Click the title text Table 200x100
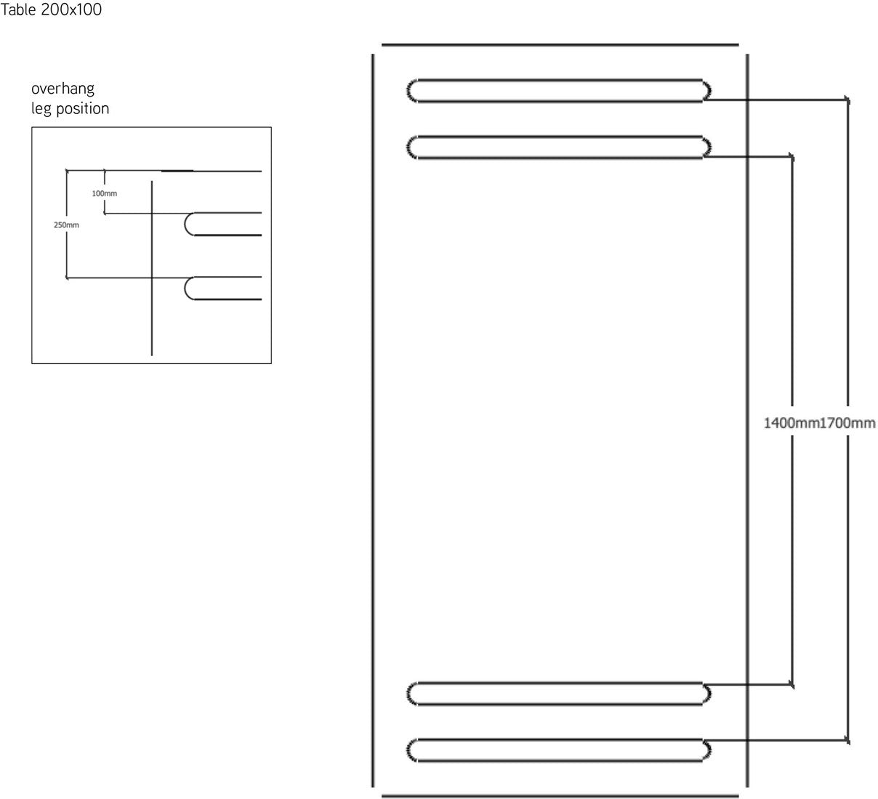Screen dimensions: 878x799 click(x=51, y=9)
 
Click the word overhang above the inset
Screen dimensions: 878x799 click(x=63, y=89)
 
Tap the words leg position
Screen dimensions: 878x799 click(x=70, y=108)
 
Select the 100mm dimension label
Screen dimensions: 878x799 click(x=104, y=193)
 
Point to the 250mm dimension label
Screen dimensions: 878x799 click(x=66, y=225)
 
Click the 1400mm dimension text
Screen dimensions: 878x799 click(x=792, y=423)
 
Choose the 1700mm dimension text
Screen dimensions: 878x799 click(x=847, y=423)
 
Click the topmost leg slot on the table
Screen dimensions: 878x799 click(x=558, y=91)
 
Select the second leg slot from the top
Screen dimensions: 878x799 click(x=558, y=147)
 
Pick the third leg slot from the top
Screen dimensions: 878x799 click(x=558, y=694)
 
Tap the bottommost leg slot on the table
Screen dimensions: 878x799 click(x=558, y=750)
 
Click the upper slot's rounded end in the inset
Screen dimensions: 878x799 click(x=185, y=224)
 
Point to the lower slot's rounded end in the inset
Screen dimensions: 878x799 click(x=185, y=288)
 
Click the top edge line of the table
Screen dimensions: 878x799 click(x=560, y=44)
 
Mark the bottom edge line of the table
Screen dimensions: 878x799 click(x=560, y=796)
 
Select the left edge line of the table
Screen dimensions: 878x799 click(x=373, y=421)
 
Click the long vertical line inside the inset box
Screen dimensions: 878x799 click(x=152, y=268)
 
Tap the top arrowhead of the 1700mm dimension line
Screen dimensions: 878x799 click(x=847, y=100)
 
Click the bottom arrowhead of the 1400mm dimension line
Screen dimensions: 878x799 click(x=792, y=685)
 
